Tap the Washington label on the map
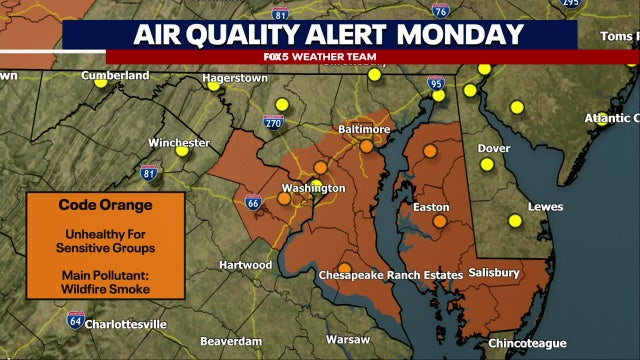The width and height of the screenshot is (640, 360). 313,188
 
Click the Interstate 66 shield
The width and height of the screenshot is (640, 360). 254,203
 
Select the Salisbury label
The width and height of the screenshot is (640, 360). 492,273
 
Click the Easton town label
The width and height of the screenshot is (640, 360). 431,208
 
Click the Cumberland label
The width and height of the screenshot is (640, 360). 114,75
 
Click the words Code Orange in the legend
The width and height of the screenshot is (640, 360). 90,205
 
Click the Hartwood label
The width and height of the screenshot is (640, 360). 245,265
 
